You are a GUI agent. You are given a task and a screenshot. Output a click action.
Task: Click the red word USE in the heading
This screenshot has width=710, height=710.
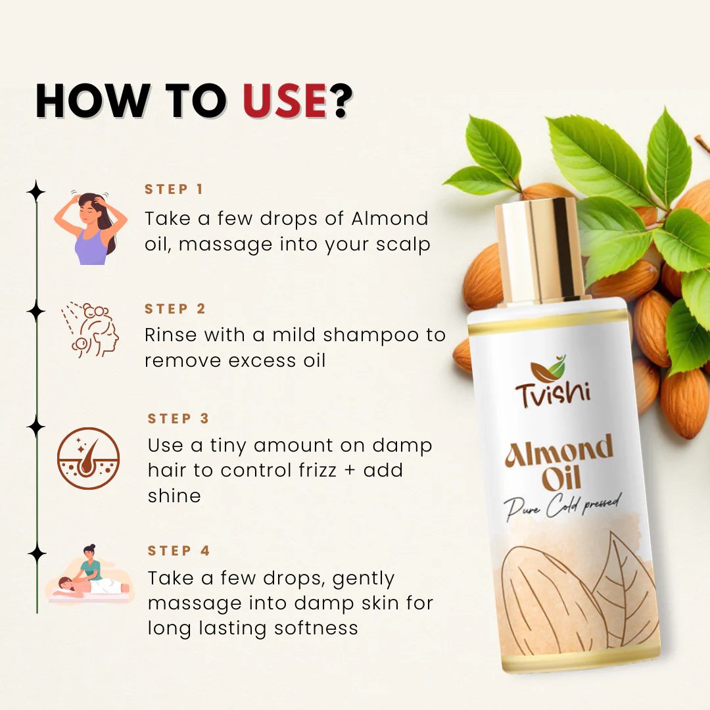(285, 102)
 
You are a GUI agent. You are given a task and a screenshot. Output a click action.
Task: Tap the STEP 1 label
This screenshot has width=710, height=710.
(174, 189)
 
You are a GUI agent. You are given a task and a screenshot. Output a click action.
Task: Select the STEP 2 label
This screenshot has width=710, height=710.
(176, 309)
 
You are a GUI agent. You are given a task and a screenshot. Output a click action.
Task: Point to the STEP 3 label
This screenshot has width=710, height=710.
(178, 419)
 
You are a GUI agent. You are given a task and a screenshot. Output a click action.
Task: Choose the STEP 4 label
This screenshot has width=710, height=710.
(179, 551)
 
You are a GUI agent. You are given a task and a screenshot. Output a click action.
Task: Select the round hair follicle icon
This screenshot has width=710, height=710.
(89, 458)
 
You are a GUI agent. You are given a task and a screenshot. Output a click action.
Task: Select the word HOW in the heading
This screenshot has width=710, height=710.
(91, 102)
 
